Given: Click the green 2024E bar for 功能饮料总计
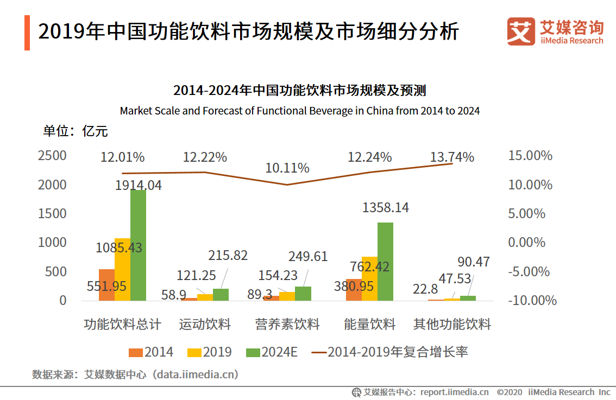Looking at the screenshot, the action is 139,245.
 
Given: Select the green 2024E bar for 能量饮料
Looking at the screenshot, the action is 385,262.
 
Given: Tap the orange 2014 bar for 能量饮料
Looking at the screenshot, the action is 354,290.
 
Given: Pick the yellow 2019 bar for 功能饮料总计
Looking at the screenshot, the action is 123,269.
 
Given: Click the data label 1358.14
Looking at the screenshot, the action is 385,207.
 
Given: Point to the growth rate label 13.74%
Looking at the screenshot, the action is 452,157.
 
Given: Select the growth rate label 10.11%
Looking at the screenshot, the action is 287,168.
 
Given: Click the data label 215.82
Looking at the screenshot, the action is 228,256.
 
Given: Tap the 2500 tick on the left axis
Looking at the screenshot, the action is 52,155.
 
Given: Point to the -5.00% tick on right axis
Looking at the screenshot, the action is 529,271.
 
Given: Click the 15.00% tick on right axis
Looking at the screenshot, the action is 530,155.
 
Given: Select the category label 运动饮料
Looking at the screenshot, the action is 205,324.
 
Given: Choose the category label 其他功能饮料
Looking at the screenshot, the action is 452,324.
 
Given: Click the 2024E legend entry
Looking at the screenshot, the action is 272,352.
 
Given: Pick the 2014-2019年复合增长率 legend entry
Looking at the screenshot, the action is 389,352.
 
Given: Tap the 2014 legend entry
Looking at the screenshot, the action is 151,352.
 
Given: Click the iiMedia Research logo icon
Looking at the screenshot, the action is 521,31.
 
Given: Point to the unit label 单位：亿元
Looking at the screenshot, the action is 76,131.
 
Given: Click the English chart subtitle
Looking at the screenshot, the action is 300,111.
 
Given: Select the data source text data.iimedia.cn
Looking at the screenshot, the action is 196,374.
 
